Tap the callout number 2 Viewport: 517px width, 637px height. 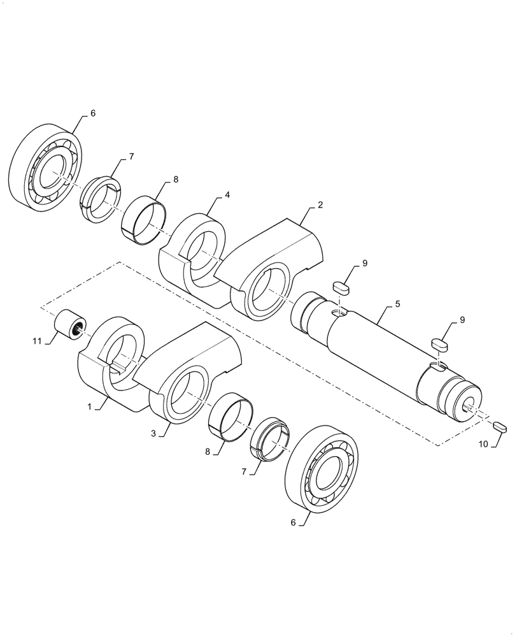coord(320,205)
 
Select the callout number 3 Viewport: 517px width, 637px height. coord(154,433)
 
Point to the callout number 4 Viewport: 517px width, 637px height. coord(227,196)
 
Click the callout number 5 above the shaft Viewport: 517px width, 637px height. coord(397,304)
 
